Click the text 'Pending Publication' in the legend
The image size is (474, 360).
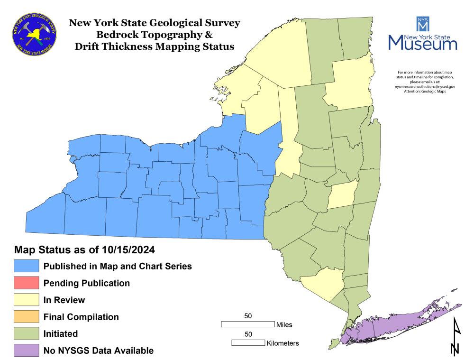coord(87,283)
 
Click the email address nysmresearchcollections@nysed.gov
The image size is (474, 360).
coord(421,87)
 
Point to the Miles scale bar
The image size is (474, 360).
coord(248,324)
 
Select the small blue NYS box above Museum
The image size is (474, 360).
coord(422,23)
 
